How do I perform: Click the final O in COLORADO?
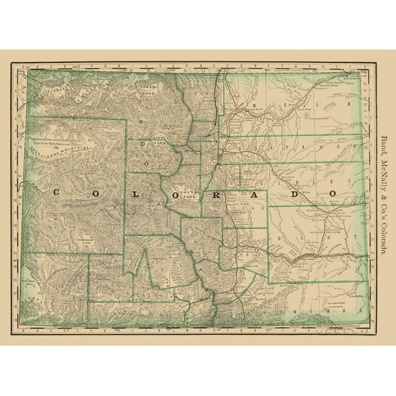tap(333, 194)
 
